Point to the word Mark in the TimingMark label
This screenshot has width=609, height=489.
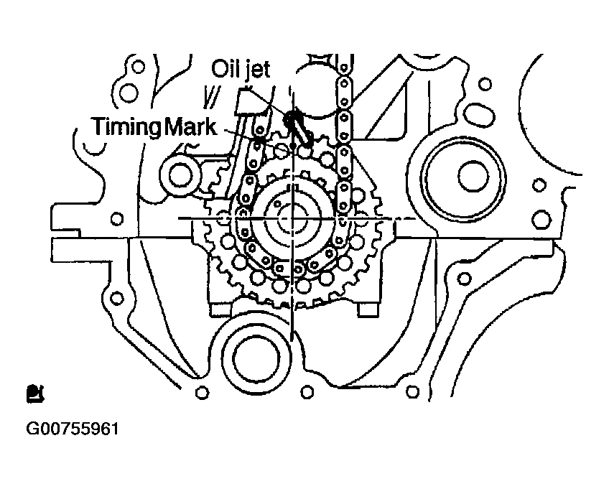point(190,126)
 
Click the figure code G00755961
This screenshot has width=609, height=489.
point(73,429)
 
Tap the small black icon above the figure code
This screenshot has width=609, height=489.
point(35,393)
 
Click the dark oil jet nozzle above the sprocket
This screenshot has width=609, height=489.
point(297,126)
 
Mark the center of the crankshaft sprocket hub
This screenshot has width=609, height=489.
point(292,219)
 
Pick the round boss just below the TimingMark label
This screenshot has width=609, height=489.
point(180,174)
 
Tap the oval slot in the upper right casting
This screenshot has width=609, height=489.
point(481,115)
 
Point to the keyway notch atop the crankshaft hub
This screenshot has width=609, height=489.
point(294,187)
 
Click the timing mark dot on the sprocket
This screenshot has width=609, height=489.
point(293,146)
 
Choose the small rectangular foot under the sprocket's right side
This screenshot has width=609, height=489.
point(368,310)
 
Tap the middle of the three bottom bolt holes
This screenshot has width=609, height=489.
point(307,391)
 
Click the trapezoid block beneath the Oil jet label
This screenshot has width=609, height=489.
point(246,102)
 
